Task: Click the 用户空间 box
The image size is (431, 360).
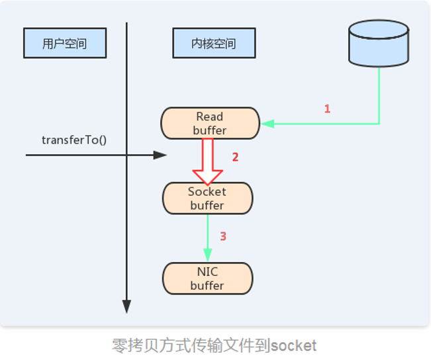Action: coord(64,44)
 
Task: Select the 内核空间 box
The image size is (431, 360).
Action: coord(214,44)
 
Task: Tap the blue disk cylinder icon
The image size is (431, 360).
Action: coord(379,43)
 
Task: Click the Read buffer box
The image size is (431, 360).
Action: coord(210,123)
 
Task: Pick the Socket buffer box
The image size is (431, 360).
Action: coord(207,198)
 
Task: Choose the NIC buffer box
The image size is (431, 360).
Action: coord(207,278)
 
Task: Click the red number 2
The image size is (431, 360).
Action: coord(234,157)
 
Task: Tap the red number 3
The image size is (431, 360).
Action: coord(223,236)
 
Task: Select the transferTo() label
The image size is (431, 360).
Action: coord(74,140)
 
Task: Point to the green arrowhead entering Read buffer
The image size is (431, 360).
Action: coord(267,123)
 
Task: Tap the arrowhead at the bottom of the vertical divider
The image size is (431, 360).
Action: coord(126,306)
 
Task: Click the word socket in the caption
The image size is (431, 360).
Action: coord(293,345)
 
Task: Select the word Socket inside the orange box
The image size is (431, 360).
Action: coord(207,191)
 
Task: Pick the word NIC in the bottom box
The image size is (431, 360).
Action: coord(207,272)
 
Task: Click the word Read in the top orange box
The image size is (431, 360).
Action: coord(210,117)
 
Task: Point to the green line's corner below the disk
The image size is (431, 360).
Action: coord(379,123)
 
